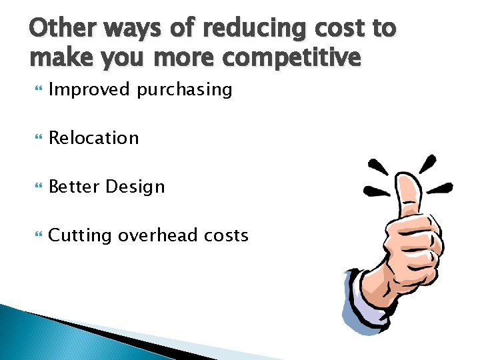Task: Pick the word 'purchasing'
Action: [x=185, y=89]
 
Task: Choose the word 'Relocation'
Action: [x=94, y=138]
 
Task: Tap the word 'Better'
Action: [x=75, y=187]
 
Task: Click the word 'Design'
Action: [x=135, y=187]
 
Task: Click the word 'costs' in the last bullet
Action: [x=227, y=235]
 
